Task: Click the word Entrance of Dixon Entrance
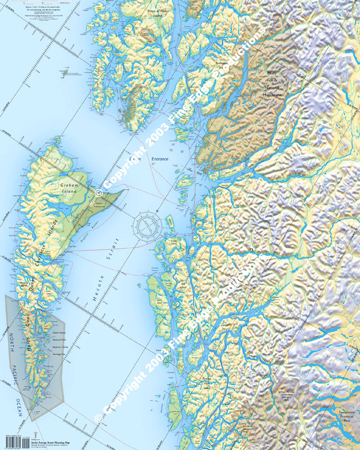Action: [159, 159]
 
